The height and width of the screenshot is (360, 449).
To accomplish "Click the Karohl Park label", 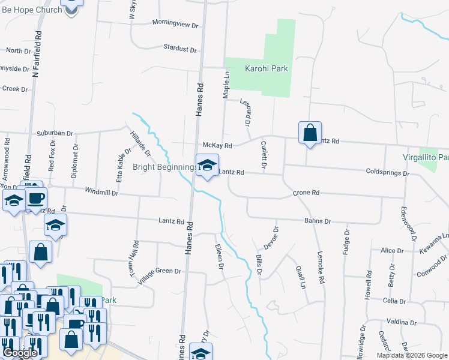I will pyautogui.click(x=266, y=68).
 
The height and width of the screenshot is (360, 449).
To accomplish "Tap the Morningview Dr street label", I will pyautogui.click(x=175, y=24).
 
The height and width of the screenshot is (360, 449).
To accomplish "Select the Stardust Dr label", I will pyautogui.click(x=180, y=47).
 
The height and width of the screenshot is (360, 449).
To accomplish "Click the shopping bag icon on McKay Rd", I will pyautogui.click(x=310, y=133).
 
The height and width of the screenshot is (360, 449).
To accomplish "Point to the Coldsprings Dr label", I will pyautogui.click(x=387, y=173).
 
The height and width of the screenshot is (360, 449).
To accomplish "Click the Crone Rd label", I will pyautogui.click(x=306, y=193).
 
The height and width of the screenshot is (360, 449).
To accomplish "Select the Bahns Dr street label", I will pyautogui.click(x=318, y=221).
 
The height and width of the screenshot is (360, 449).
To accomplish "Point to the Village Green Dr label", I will pyautogui.click(x=159, y=272).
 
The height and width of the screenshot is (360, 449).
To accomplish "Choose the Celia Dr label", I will pyautogui.click(x=395, y=301).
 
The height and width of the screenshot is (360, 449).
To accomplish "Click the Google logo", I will pyautogui.click(x=19, y=353).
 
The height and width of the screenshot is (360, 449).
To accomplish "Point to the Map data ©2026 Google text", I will pyautogui.click(x=411, y=355).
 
